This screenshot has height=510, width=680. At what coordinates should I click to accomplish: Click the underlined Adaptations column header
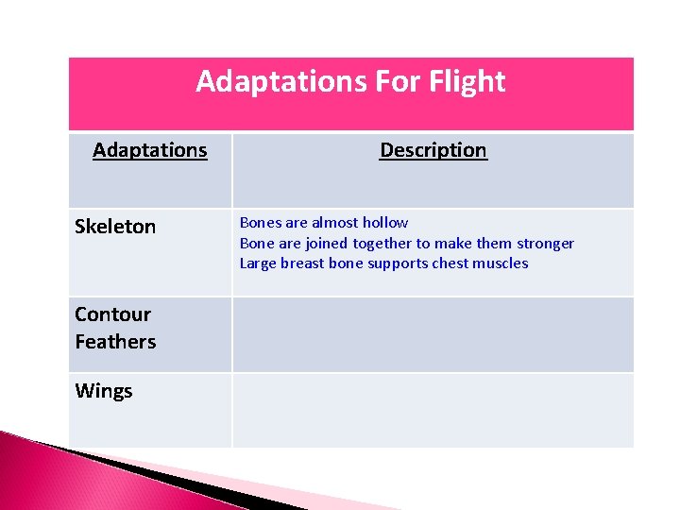(149, 150)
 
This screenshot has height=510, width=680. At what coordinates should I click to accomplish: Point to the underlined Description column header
(433, 150)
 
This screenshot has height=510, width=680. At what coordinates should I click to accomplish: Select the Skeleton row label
(115, 227)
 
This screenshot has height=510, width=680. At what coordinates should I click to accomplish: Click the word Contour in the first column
(112, 314)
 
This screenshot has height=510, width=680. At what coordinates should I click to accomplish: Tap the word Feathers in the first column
(115, 341)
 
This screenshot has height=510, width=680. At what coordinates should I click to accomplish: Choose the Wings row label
(104, 391)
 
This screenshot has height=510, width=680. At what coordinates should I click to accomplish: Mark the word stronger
(541, 244)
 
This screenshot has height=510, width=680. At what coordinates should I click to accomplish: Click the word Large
(258, 263)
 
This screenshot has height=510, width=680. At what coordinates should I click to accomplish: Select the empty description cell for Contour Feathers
(433, 334)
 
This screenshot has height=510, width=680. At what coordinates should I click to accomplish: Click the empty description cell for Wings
(433, 409)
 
